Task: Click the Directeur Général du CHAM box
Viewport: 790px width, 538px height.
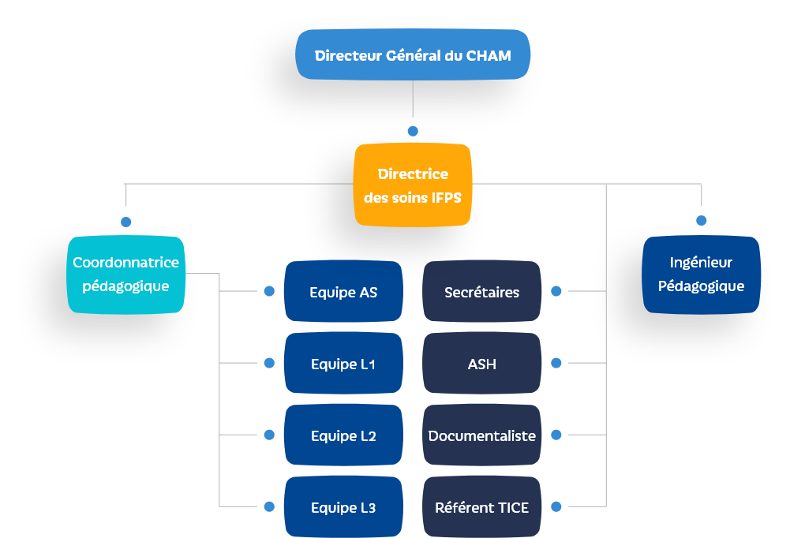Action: (x=412, y=55)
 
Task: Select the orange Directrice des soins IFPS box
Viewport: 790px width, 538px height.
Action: (x=412, y=185)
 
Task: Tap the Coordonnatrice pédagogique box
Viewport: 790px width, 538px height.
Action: (x=126, y=274)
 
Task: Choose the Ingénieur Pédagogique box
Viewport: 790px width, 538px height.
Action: (x=701, y=275)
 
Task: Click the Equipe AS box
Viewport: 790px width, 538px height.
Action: (x=343, y=292)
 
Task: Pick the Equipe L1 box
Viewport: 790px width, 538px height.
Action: (x=343, y=364)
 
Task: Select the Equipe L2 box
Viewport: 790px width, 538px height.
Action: (x=343, y=435)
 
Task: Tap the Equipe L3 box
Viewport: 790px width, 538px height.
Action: (x=343, y=507)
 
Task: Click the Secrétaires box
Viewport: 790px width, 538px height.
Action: (x=481, y=292)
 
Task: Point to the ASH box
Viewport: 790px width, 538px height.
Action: (x=481, y=364)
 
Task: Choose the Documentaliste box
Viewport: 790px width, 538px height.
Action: (x=481, y=435)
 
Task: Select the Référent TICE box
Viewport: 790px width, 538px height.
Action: (x=481, y=507)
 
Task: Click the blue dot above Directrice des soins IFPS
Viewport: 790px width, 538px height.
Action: (x=412, y=131)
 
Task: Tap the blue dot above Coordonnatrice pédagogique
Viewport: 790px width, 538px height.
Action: (x=125, y=222)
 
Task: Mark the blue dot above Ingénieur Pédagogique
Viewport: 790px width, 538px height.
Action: (x=701, y=220)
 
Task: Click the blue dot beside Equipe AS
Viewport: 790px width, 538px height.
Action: (x=269, y=291)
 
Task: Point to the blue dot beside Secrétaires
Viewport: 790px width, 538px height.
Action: (x=556, y=291)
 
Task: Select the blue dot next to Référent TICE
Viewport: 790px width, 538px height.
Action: (x=556, y=506)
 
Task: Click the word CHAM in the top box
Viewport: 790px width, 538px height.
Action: (x=489, y=55)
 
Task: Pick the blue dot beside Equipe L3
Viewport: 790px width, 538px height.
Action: (x=269, y=506)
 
